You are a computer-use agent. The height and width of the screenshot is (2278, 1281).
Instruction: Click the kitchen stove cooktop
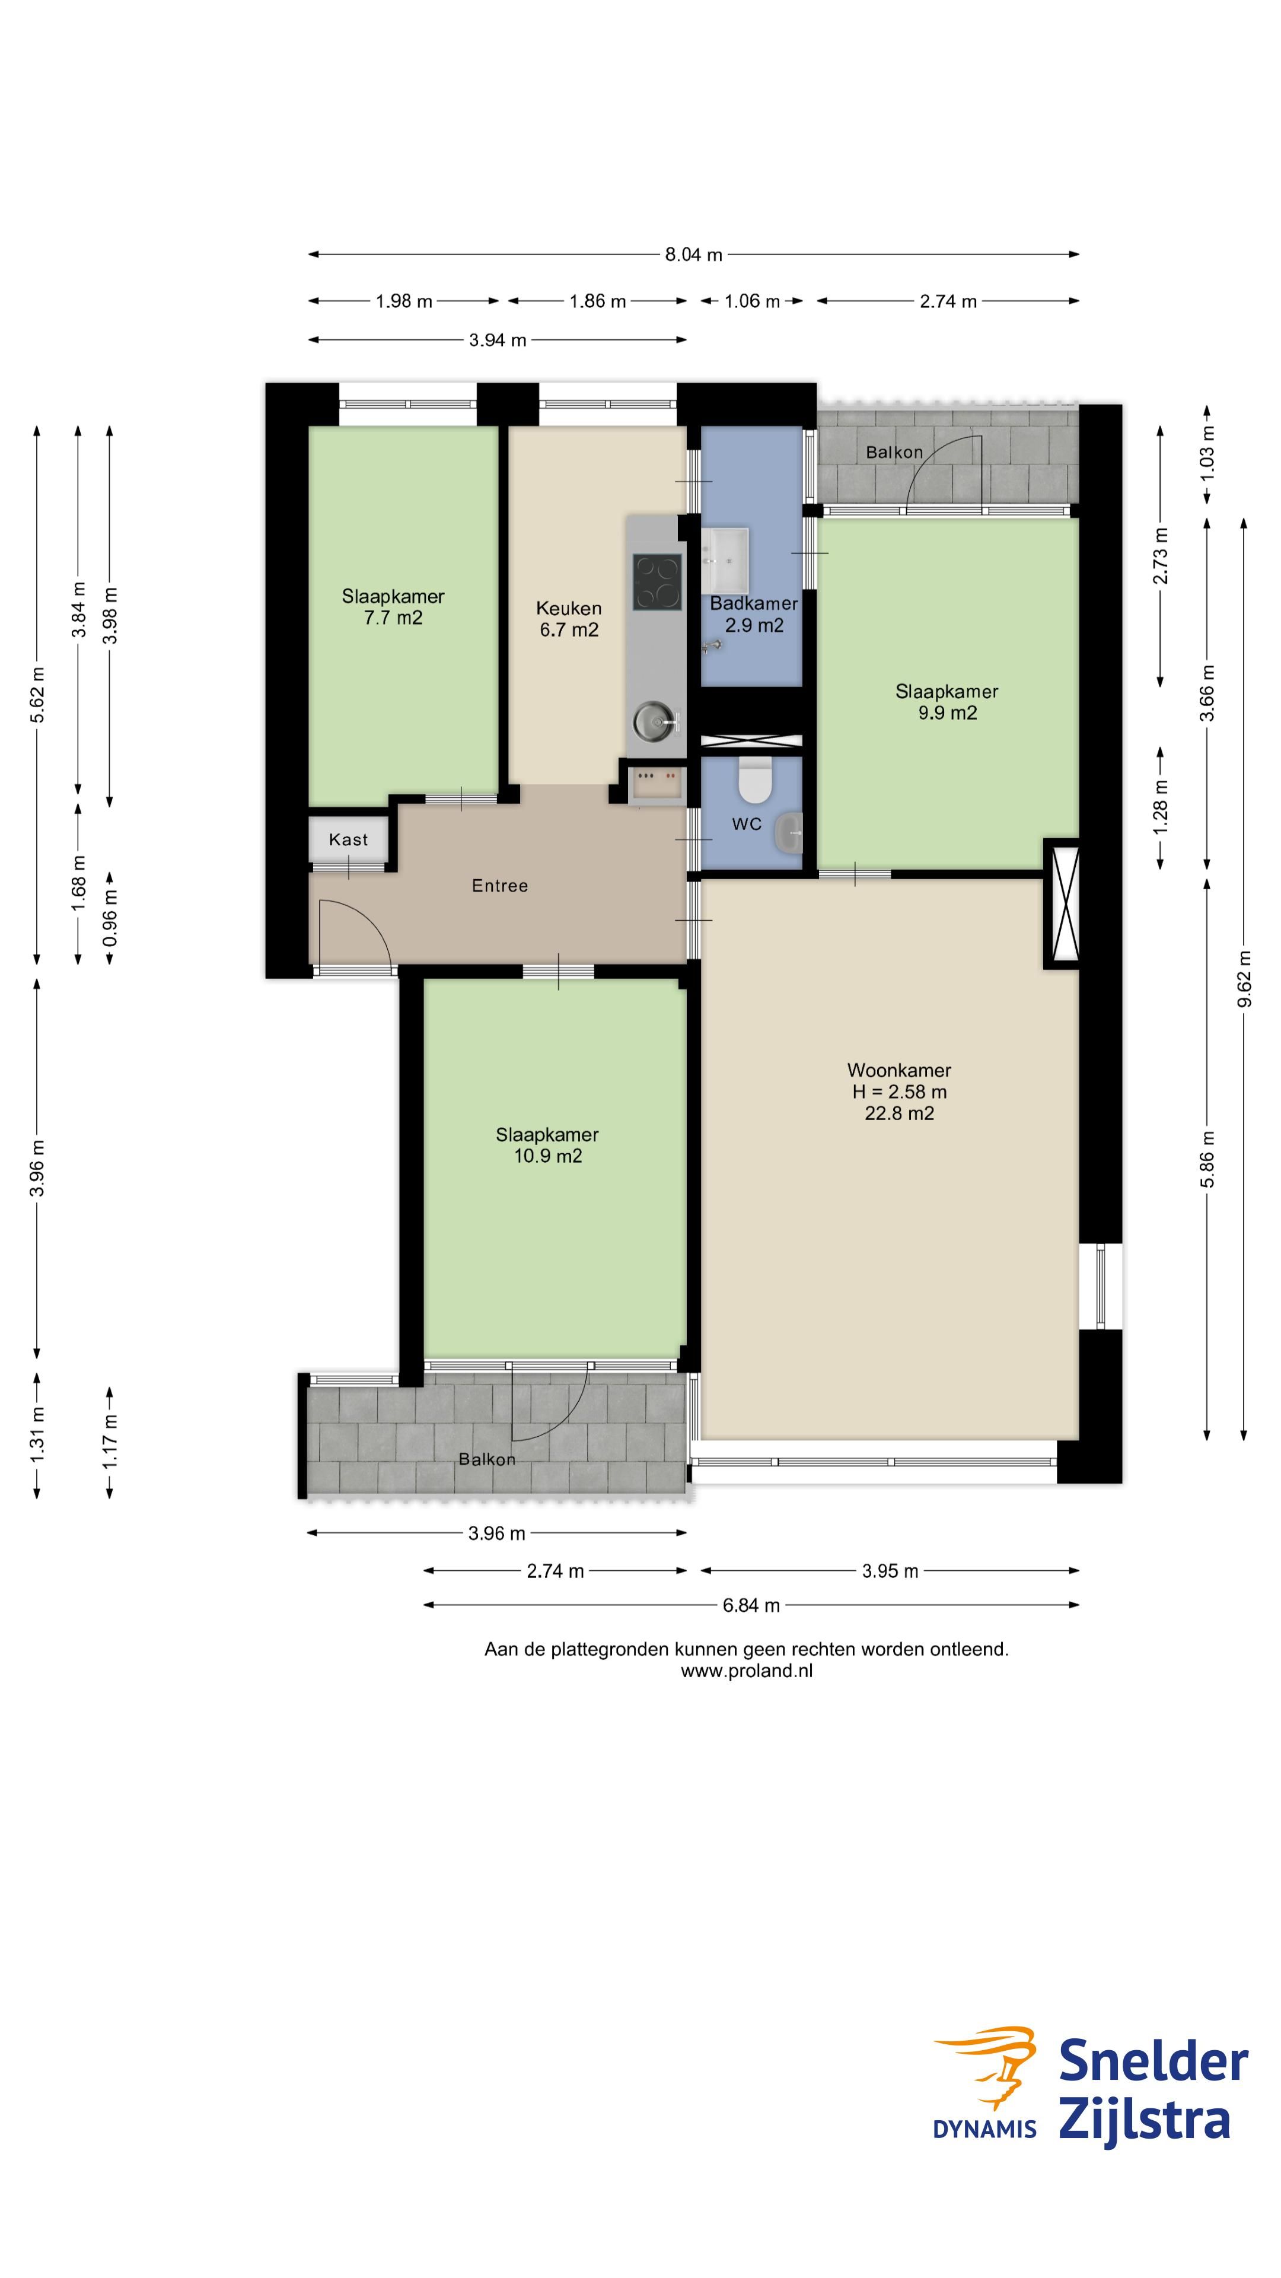click(x=657, y=582)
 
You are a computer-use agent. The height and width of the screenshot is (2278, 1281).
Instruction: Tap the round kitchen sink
click(x=655, y=721)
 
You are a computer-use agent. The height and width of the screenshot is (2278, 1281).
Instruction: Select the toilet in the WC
click(x=755, y=778)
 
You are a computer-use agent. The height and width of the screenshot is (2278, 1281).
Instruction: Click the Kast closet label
click(x=348, y=839)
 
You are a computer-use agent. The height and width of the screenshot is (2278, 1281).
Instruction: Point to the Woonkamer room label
click(x=899, y=1070)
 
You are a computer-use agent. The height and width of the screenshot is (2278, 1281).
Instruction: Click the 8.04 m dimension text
click(x=694, y=254)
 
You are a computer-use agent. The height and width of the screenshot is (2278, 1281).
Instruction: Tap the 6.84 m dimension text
click(x=751, y=1605)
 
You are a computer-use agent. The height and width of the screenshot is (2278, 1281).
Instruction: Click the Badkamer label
click(x=754, y=603)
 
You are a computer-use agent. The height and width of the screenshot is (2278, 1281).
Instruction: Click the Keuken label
click(x=569, y=609)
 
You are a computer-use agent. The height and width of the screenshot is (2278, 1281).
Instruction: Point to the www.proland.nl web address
click(x=747, y=1671)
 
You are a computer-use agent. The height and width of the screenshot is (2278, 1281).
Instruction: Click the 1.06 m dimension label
click(x=753, y=301)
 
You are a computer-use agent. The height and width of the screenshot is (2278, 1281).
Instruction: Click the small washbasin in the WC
click(x=789, y=833)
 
